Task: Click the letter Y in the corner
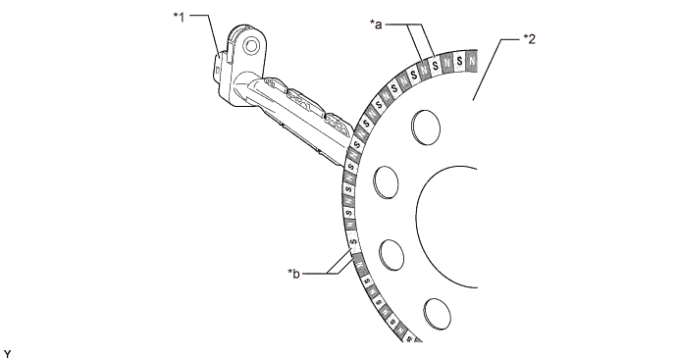point(7,351)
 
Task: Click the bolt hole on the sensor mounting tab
point(252,45)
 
